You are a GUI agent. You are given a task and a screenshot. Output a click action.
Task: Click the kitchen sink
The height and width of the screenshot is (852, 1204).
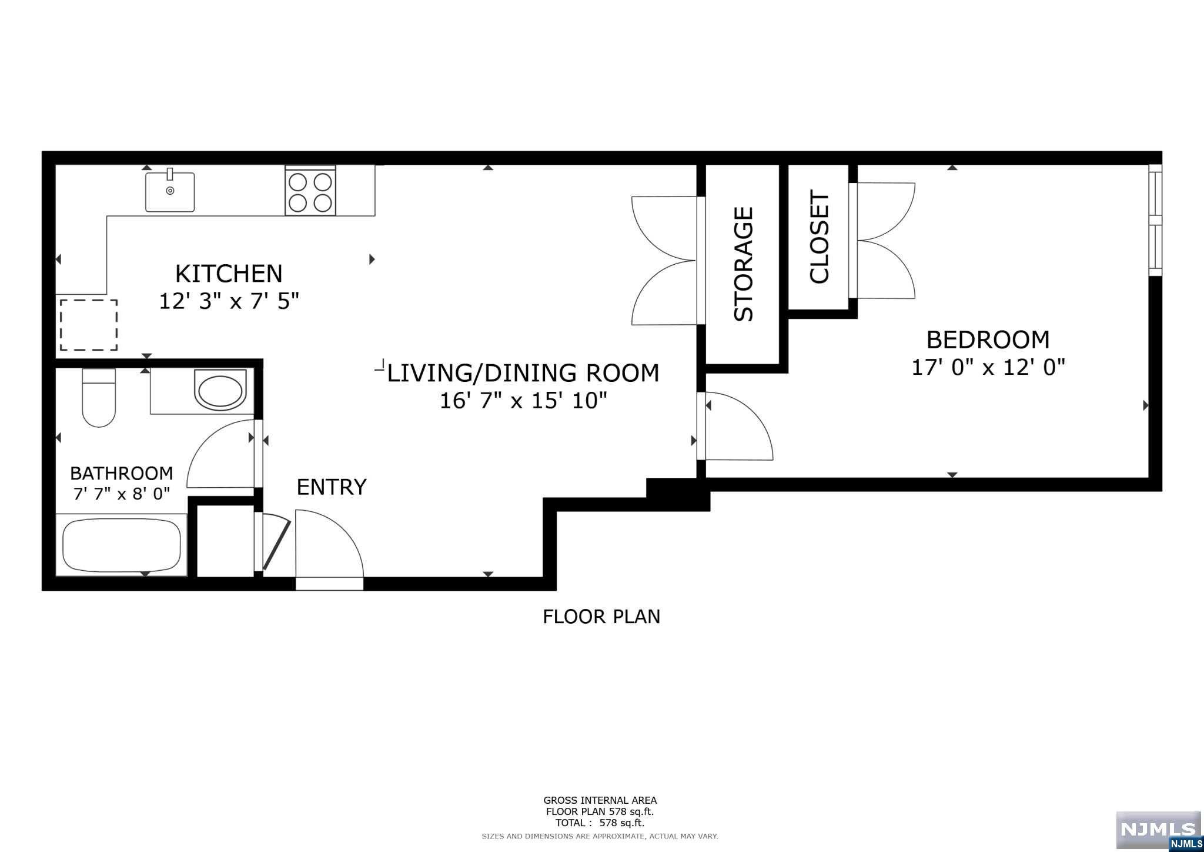tap(170, 192)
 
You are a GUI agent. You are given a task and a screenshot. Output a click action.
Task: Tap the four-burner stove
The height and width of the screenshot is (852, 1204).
tap(310, 191)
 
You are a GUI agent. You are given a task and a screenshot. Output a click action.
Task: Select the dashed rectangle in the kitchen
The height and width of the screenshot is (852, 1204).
tap(89, 325)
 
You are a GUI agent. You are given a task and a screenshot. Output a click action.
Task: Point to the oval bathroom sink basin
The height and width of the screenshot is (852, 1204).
tap(220, 390)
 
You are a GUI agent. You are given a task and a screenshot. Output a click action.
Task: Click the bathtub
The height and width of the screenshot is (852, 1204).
tap(122, 545)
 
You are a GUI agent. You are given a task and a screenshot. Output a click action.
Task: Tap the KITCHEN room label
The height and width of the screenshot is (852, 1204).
tap(229, 274)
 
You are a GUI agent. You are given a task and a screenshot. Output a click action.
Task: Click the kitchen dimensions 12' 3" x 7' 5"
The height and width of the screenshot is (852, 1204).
tap(229, 302)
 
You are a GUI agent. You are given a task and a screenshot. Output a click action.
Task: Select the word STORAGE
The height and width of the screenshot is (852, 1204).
tap(744, 264)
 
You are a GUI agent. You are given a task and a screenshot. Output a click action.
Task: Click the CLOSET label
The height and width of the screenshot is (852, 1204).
tap(819, 237)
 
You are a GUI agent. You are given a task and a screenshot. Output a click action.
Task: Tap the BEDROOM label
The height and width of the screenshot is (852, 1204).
tap(988, 340)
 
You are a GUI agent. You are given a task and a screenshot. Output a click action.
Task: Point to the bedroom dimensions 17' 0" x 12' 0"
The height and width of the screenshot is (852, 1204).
tap(988, 368)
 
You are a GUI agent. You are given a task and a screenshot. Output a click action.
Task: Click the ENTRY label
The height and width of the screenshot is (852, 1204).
tap(332, 487)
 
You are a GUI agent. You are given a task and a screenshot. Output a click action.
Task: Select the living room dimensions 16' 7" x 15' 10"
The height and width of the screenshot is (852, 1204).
tap(523, 401)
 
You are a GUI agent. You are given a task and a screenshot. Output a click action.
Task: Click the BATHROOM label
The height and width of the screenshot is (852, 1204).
tap(121, 473)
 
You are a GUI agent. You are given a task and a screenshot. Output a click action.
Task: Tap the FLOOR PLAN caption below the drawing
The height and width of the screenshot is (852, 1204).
tap(601, 617)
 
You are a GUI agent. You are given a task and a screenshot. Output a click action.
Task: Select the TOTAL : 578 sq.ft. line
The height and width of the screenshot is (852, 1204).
tap(600, 823)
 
